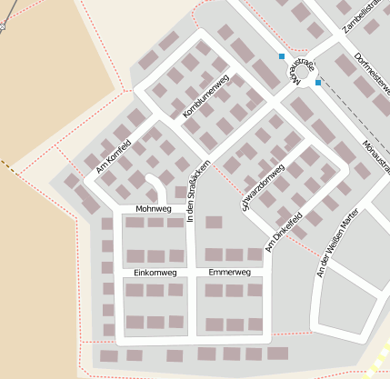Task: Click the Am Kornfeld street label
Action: pyautogui.click(x=114, y=155)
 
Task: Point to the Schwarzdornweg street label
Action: pyautogui.click(x=263, y=185)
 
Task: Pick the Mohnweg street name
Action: pyautogui.click(x=153, y=210)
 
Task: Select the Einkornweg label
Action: pyautogui.click(x=155, y=273)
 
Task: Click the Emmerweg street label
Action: pyautogui.click(x=229, y=273)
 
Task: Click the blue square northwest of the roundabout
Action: pyautogui.click(x=282, y=57)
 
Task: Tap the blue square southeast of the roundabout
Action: pyautogui.click(x=318, y=83)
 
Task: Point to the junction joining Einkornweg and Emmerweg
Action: pyautogui.click(x=192, y=273)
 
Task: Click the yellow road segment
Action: pyautogui.click(x=376, y=358)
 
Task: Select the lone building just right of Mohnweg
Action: pyautogui.click(x=214, y=222)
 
